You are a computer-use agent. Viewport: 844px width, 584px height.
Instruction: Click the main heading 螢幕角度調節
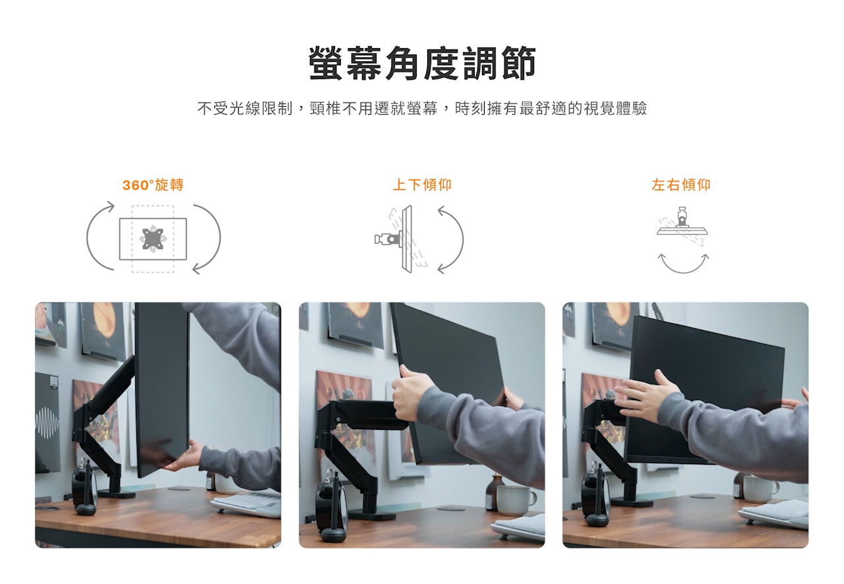[x=422, y=63]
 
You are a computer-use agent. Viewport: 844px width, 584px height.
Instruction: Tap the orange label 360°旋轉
[x=153, y=185]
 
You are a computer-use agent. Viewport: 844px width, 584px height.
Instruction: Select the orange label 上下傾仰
[x=422, y=185]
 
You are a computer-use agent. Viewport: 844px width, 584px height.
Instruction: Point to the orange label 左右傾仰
[x=681, y=185]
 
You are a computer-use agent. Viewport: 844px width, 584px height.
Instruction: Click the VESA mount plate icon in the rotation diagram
[x=152, y=239]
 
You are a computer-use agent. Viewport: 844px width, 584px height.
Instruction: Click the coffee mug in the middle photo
[x=516, y=500]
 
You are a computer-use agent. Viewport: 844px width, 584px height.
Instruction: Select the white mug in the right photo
[x=760, y=488]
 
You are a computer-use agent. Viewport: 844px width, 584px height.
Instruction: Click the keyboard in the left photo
[x=247, y=504]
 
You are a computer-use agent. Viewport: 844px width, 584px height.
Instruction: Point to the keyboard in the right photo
[x=774, y=515]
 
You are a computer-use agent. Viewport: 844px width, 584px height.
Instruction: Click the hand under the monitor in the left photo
[x=185, y=456]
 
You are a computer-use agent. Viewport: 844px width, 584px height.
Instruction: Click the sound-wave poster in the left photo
[x=47, y=422]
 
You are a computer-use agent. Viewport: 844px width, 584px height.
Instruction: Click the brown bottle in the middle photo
[x=494, y=493]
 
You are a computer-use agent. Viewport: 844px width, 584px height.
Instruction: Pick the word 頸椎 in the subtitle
[x=325, y=109]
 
